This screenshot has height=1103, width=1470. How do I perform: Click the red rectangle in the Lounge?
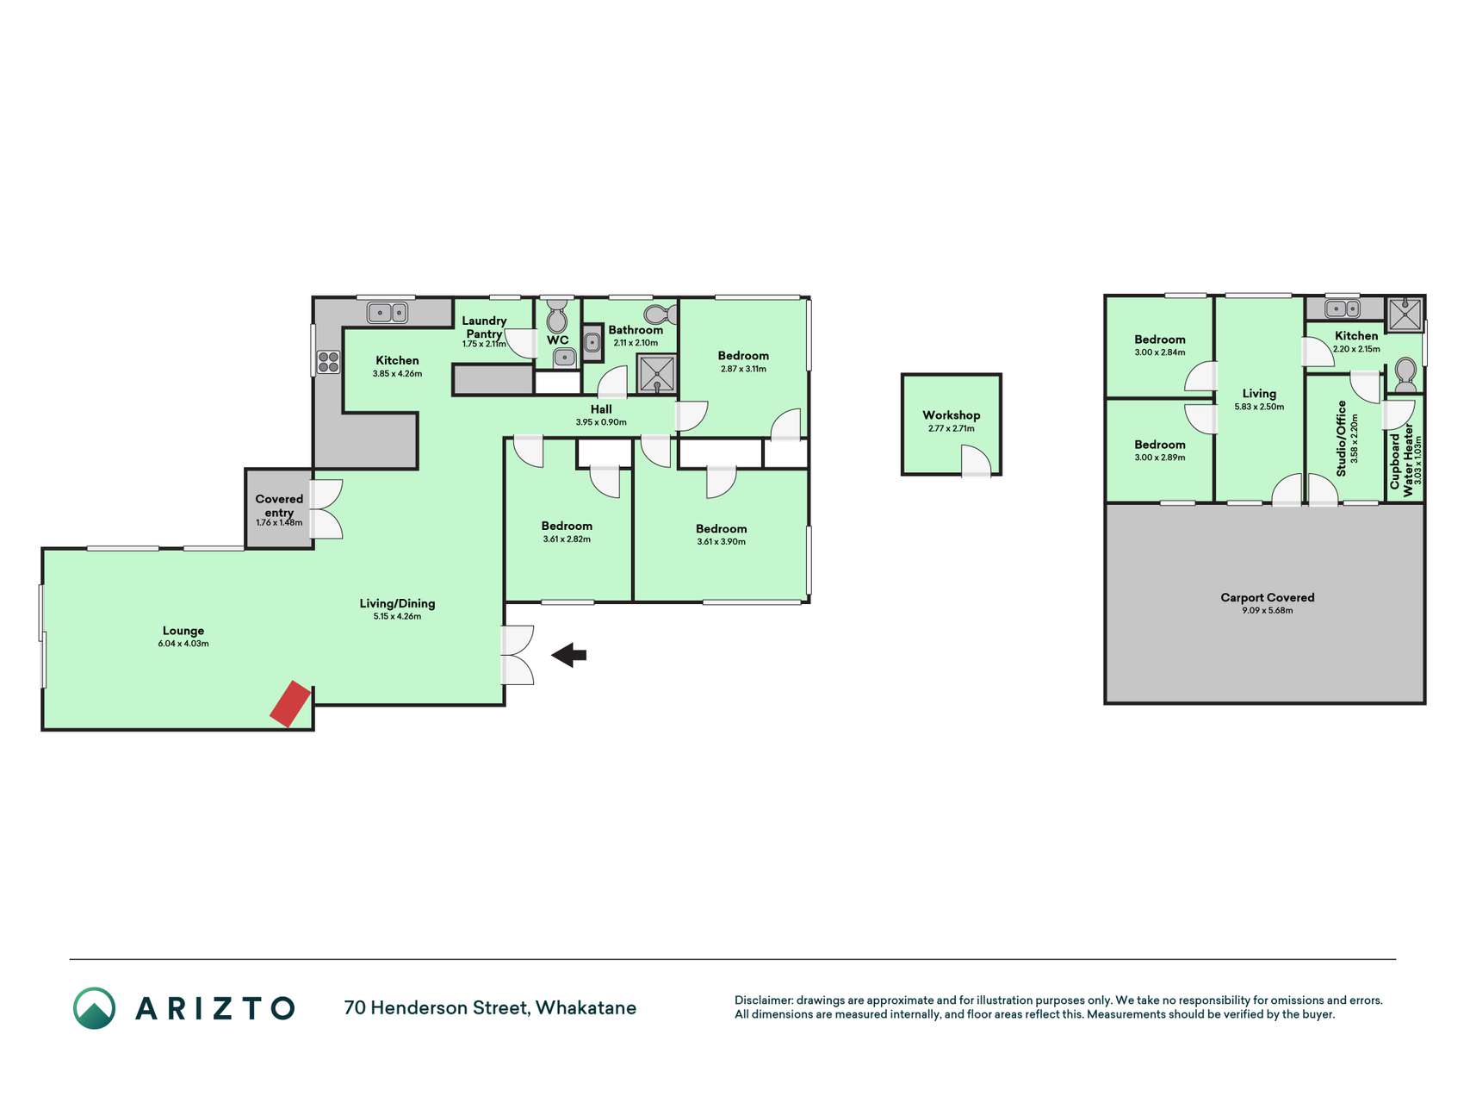(x=290, y=704)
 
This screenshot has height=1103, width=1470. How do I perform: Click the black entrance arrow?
(x=569, y=655)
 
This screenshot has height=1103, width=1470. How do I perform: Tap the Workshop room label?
(x=951, y=415)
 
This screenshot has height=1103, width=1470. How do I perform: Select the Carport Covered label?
(x=1267, y=597)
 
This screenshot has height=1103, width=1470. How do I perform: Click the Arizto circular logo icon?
(x=94, y=1008)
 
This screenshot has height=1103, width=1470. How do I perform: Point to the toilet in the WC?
(x=557, y=315)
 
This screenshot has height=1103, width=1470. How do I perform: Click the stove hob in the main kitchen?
(x=328, y=362)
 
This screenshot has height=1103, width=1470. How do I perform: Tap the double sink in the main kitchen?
(x=388, y=312)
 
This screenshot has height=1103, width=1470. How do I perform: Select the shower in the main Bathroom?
(x=656, y=373)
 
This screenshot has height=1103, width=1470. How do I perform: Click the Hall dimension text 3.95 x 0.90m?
(x=601, y=422)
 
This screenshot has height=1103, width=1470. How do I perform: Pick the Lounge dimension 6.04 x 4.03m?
(x=183, y=644)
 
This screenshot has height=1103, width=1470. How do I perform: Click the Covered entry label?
(x=279, y=506)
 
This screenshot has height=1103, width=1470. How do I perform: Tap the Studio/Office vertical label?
(x=1341, y=439)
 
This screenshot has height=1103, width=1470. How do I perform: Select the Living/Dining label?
(x=397, y=603)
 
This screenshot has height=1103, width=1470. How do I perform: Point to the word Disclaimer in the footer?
(x=764, y=1000)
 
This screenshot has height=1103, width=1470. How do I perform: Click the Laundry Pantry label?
(x=484, y=327)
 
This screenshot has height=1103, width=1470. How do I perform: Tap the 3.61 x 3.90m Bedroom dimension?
(x=722, y=542)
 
